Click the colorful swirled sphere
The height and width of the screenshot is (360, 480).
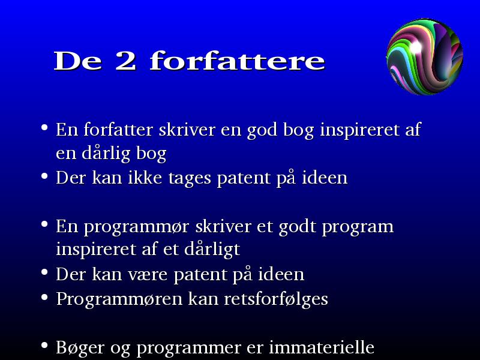coord(425,56)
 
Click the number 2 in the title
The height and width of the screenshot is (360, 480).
coord(126,61)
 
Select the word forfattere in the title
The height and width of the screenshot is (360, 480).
coord(237,61)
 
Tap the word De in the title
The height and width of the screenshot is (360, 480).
coord(78,61)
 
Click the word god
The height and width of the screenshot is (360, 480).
coord(262,130)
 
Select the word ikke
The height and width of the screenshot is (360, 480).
coord(145,177)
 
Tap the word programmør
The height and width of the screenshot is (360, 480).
coord(136,227)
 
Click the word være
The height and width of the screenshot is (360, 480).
coord(148,275)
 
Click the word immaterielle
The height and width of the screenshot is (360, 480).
coord(322,347)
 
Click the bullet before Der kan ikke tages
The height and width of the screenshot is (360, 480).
coord(44,176)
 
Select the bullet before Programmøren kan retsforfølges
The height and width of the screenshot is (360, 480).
coord(44,296)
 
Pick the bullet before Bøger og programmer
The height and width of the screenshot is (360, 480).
coord(44,346)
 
